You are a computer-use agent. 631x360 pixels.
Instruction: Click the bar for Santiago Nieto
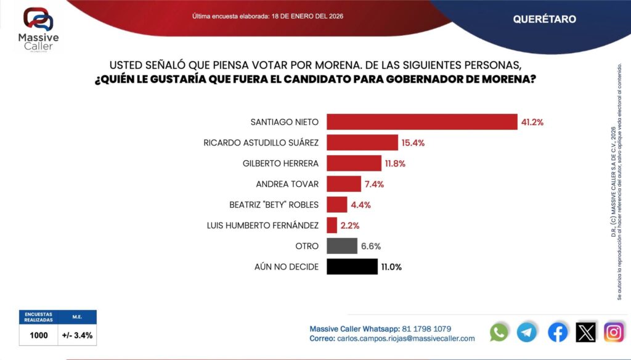pos(421,122)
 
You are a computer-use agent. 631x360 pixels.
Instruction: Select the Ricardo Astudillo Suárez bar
pos(362,142)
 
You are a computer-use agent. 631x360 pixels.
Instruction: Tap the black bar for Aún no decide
pos(352,266)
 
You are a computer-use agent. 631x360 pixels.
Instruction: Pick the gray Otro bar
pos(342,246)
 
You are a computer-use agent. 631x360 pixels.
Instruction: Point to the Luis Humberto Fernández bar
pos(332,225)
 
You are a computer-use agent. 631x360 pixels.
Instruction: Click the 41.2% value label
pos(532,122)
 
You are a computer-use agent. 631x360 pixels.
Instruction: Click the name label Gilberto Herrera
pos(280,163)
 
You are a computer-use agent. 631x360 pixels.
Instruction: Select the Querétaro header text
pos(544,19)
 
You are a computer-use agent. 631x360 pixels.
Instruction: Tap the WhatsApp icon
pos(499,332)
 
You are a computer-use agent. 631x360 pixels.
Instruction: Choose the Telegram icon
pos(526,332)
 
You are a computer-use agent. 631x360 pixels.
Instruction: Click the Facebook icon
pos(558,332)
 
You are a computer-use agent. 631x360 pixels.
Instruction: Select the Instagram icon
pos(614,332)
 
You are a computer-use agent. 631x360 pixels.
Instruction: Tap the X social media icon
pos(585,332)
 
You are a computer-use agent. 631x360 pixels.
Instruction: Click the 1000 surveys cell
pos(38,335)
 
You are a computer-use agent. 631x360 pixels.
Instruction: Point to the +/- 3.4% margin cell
pos(77,335)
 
